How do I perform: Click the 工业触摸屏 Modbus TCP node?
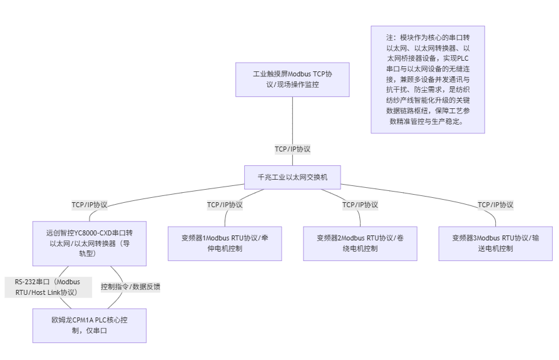[x=292, y=80]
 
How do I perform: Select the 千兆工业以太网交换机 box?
[x=292, y=177]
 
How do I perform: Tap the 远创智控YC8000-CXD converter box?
[x=90, y=244]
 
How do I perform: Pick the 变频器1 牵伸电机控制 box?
[x=225, y=244]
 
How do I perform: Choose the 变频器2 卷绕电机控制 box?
[x=360, y=244]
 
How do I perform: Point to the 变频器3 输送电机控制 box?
[x=495, y=244]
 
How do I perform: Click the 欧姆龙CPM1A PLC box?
[x=90, y=325]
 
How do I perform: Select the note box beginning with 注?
[x=428, y=80]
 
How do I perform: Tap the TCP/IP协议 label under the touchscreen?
[x=292, y=149]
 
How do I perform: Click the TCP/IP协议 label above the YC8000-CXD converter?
[x=90, y=205]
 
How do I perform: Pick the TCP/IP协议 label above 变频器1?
[x=225, y=205]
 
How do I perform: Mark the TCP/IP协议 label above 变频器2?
[x=360, y=205]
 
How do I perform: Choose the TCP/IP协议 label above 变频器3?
[x=495, y=205]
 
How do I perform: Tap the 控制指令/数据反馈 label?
[x=131, y=287]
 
